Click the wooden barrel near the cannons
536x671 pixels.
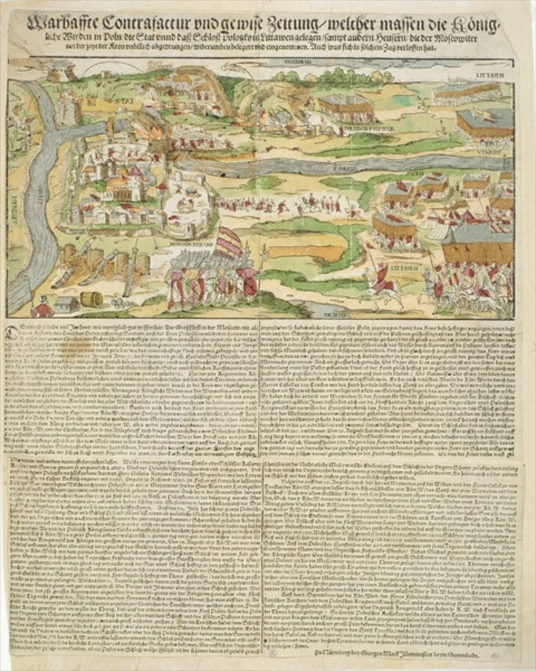tap(91, 299)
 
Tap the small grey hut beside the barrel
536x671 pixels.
tap(66, 304)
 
